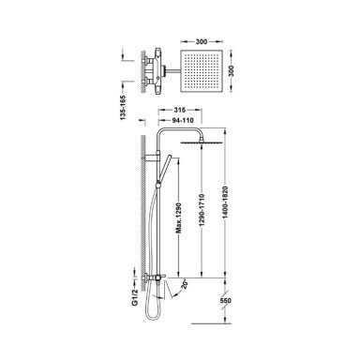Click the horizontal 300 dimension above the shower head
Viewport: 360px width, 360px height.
click(x=202, y=41)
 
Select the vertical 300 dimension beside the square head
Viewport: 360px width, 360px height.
click(x=231, y=71)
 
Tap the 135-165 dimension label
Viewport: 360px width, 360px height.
click(x=123, y=108)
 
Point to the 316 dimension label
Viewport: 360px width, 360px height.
click(x=180, y=110)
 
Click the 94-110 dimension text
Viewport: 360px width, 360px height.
click(x=183, y=120)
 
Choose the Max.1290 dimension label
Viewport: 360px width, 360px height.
click(x=178, y=218)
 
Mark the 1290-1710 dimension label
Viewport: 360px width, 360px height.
click(x=202, y=210)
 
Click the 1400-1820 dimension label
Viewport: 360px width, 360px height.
click(x=225, y=202)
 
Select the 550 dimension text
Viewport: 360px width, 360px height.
click(x=225, y=301)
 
